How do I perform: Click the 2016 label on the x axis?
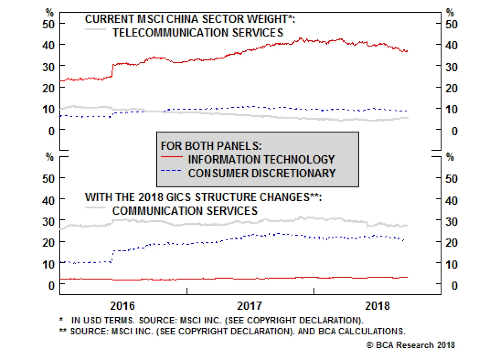click(122, 306)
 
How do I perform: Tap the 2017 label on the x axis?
click(249, 306)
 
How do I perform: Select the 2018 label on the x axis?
click(377, 306)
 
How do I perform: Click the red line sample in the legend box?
click(172, 157)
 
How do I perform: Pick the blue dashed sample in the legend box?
click(171, 171)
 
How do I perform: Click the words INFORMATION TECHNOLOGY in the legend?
click(261, 160)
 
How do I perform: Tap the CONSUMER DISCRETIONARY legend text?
click(262, 173)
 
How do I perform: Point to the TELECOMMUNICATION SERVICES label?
click(198, 32)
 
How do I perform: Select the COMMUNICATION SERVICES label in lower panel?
click(185, 211)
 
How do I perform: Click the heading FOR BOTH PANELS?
click(211, 146)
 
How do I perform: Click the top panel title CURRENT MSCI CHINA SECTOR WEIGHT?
click(190, 19)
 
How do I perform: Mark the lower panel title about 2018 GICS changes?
click(203, 197)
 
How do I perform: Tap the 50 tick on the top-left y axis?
click(48, 24)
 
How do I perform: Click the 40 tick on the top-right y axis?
click(451, 46)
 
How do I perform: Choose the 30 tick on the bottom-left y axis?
click(48, 222)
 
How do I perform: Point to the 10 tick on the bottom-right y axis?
click(451, 265)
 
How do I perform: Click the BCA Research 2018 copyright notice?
click(411, 345)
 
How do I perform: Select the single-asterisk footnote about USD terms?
click(211, 321)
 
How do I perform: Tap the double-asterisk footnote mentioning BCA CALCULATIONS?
click(232, 331)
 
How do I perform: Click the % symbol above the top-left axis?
click(50, 12)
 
